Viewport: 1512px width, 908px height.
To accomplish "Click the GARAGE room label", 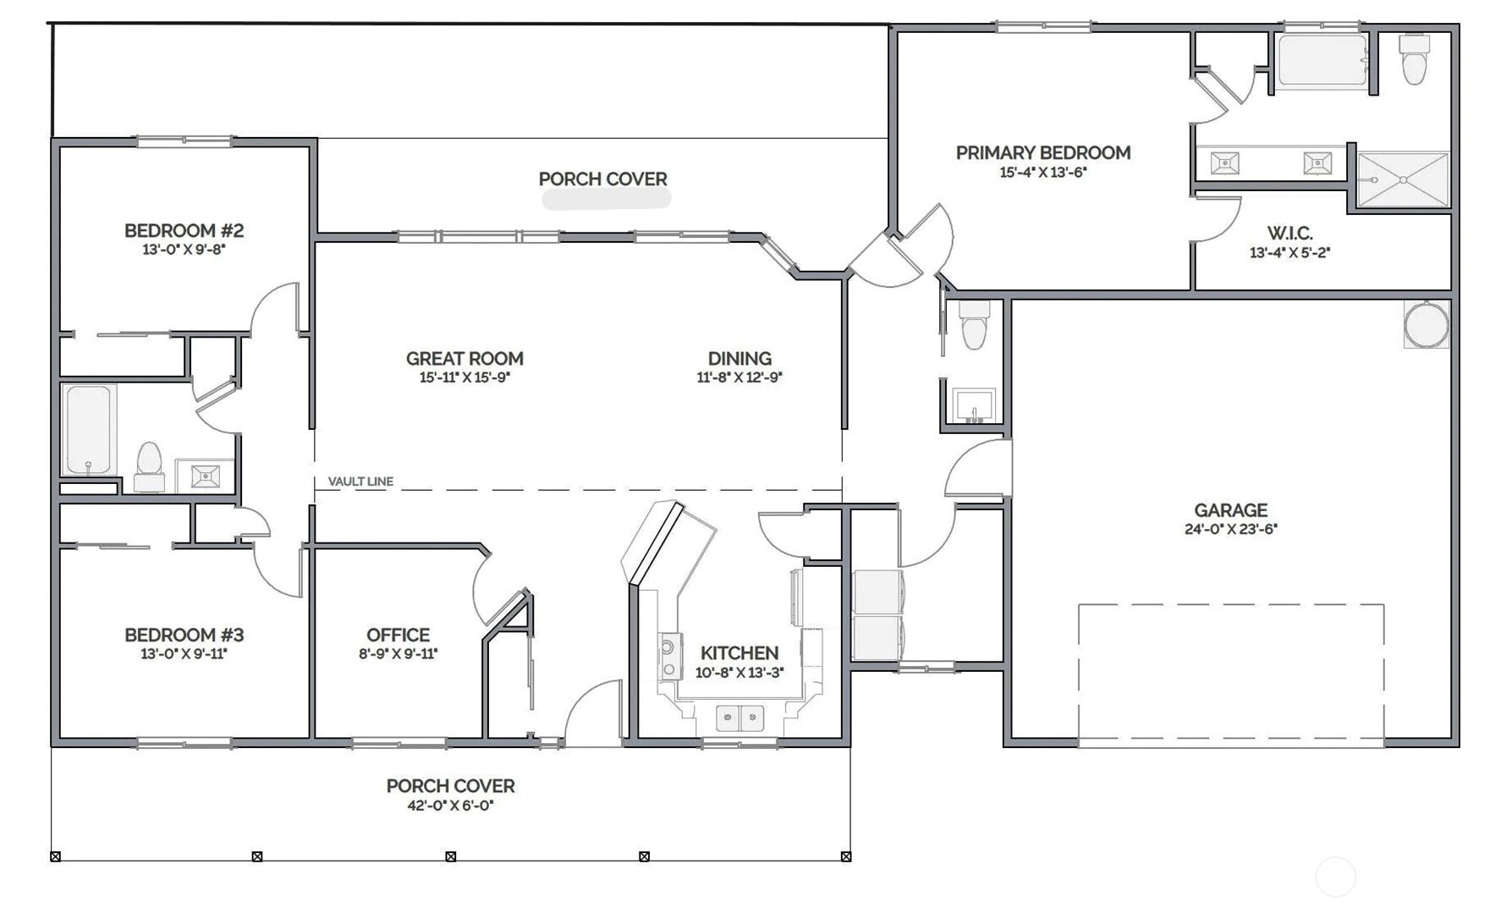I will (x=1230, y=510).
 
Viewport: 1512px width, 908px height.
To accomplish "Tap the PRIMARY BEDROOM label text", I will (x=1042, y=153).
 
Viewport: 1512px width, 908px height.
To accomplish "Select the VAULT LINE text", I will (x=360, y=482).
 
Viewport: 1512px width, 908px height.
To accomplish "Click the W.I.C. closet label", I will (x=1289, y=233).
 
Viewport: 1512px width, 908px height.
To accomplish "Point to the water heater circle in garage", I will (x=1426, y=325).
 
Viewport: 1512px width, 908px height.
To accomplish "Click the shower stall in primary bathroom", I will (x=1402, y=179).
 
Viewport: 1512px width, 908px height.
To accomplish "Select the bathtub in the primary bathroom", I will (x=1322, y=60).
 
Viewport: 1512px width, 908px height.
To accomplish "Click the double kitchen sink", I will (x=740, y=718).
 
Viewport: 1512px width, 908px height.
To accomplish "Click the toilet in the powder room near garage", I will (x=974, y=325).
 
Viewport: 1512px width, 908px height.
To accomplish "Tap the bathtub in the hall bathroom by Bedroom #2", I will (x=88, y=429).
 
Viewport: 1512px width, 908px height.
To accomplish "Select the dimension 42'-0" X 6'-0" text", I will (x=450, y=806).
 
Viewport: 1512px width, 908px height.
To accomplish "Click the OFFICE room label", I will (x=398, y=635).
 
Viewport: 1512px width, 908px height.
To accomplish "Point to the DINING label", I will (x=740, y=359).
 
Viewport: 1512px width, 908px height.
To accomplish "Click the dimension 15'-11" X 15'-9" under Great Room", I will (x=465, y=377).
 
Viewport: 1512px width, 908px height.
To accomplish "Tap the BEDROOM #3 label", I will (x=184, y=635).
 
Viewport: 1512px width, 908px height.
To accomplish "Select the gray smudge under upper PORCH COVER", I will (x=606, y=199).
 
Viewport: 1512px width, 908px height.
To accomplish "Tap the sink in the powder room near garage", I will (x=974, y=404).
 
